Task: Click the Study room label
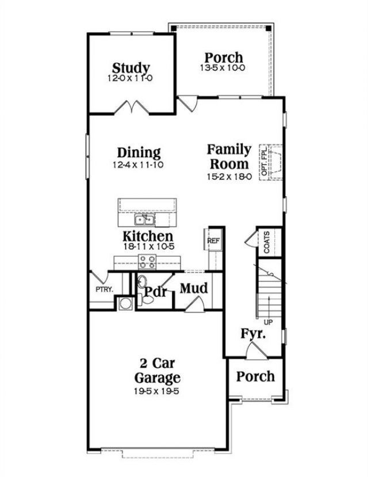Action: (131, 68)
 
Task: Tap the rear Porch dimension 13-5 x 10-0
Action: (223, 68)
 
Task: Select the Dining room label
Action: (139, 152)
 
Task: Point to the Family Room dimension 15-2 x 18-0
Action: (229, 177)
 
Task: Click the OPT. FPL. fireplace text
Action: (264, 162)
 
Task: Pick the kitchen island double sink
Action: (145, 219)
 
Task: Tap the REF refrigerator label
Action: (213, 241)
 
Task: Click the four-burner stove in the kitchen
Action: (147, 262)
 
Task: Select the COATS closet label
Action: (266, 242)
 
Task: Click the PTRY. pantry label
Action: (104, 289)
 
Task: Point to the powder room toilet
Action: (145, 300)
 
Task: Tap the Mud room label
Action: (194, 288)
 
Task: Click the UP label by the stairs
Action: (268, 322)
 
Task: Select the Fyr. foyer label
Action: (253, 334)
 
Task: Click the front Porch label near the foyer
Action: (255, 376)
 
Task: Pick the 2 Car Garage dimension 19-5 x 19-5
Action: (156, 391)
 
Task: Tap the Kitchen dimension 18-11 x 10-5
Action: (149, 246)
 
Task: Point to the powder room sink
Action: (141, 282)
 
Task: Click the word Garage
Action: (157, 377)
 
